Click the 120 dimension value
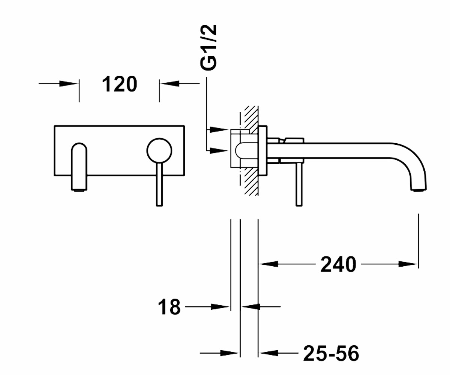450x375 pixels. [x=120, y=84]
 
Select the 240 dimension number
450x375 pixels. [x=338, y=264]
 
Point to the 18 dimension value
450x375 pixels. [x=169, y=307]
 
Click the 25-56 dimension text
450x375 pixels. [x=331, y=353]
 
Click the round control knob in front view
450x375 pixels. [x=159, y=150]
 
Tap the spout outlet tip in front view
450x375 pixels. [x=79, y=189]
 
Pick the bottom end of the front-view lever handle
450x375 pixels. [x=159, y=206]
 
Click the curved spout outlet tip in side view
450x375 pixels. [x=418, y=189]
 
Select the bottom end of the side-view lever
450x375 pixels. [x=299, y=206]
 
